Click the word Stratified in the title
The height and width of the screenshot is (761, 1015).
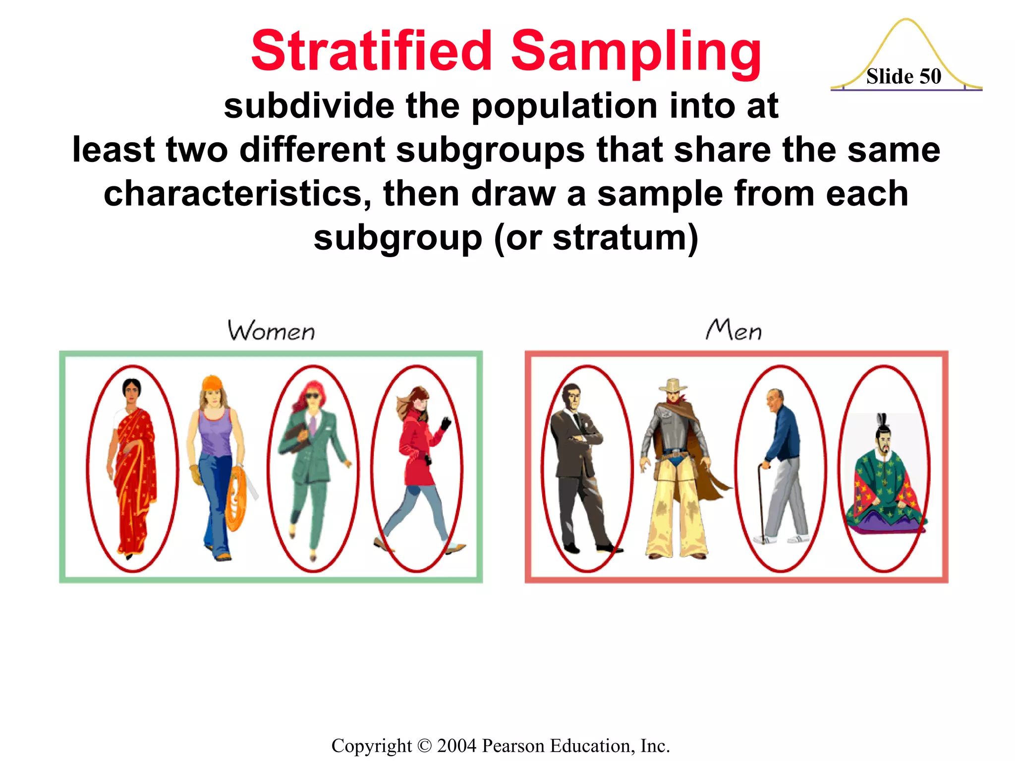(x=372, y=51)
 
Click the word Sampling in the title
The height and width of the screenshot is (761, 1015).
(x=636, y=52)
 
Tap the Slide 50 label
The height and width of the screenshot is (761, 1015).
(x=903, y=76)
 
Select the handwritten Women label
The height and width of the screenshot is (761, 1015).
(x=271, y=330)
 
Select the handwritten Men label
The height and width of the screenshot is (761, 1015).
(x=733, y=330)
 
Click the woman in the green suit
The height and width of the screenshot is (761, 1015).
(x=312, y=466)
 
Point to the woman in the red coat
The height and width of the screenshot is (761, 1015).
(x=419, y=461)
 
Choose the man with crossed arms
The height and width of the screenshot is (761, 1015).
(x=580, y=466)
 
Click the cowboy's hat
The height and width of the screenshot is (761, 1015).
(x=673, y=385)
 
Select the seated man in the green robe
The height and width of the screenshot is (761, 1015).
(x=885, y=481)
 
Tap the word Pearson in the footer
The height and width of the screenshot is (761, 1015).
(x=513, y=746)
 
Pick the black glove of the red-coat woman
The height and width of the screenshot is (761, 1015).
(x=446, y=424)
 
